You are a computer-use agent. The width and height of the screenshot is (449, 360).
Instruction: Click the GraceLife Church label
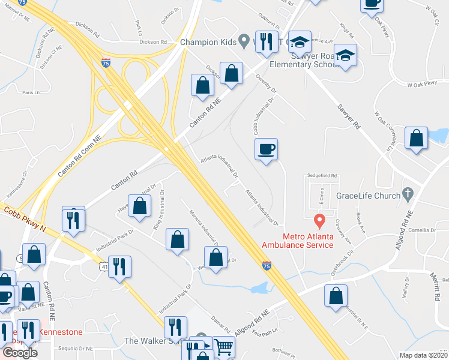point(368,196)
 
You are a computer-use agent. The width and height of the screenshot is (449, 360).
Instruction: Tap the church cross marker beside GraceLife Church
point(408,193)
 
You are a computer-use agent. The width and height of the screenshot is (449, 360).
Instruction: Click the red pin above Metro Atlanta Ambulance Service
point(320,220)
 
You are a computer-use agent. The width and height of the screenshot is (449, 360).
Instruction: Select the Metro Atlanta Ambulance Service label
point(297,240)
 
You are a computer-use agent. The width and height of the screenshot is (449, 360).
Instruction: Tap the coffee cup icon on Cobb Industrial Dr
point(266,149)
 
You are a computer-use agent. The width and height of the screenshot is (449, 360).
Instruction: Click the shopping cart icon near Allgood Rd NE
point(223,346)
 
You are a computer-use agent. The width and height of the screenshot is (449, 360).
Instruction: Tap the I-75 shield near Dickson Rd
point(106,62)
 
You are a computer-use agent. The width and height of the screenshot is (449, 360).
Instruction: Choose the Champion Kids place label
point(208,42)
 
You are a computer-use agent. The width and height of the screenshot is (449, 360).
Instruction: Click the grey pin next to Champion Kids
point(243,41)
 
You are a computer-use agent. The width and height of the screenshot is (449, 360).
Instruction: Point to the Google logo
point(19,352)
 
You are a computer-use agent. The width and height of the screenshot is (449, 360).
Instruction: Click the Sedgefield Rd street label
point(323,176)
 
